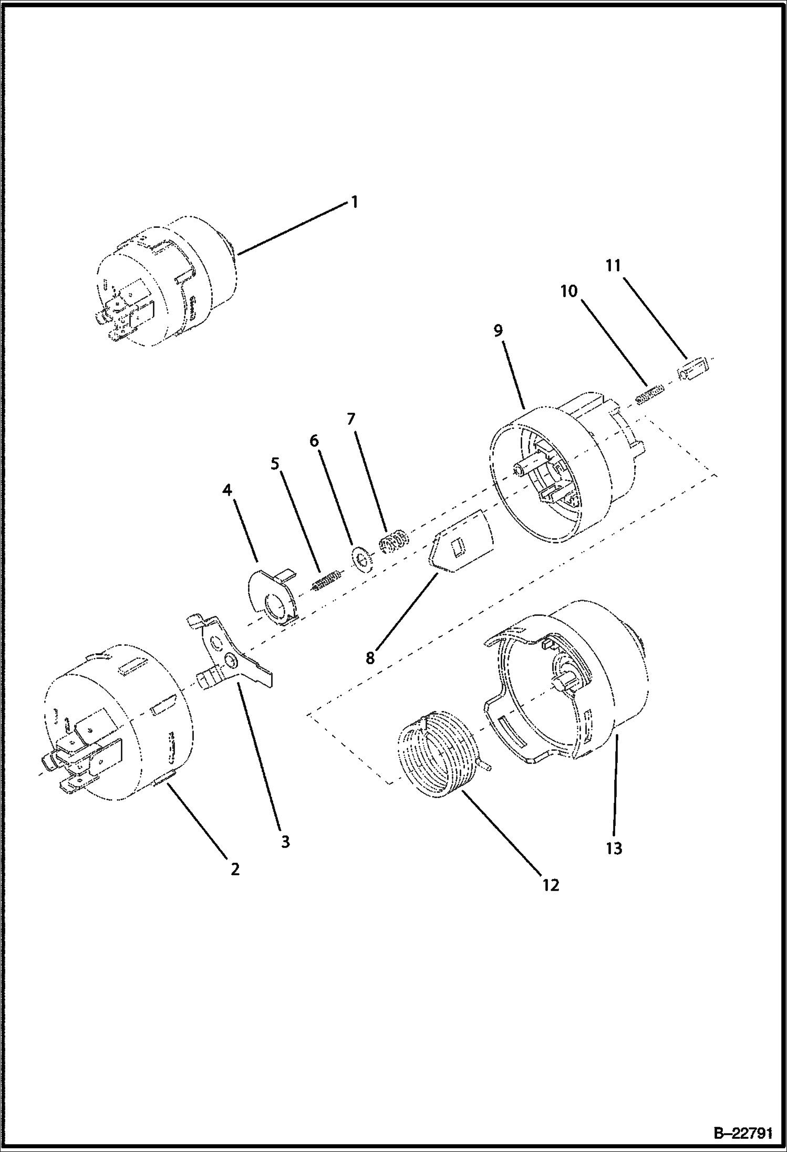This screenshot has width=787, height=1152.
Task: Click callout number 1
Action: point(355,202)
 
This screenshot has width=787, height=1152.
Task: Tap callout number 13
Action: point(614,848)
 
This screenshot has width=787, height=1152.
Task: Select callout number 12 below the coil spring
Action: point(551,885)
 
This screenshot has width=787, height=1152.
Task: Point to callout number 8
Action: point(370,658)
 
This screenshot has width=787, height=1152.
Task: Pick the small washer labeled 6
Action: point(361,558)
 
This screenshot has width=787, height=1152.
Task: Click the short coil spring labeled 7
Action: point(394,542)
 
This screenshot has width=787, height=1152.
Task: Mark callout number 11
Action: point(613,266)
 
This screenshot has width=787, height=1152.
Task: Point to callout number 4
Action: point(227,490)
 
